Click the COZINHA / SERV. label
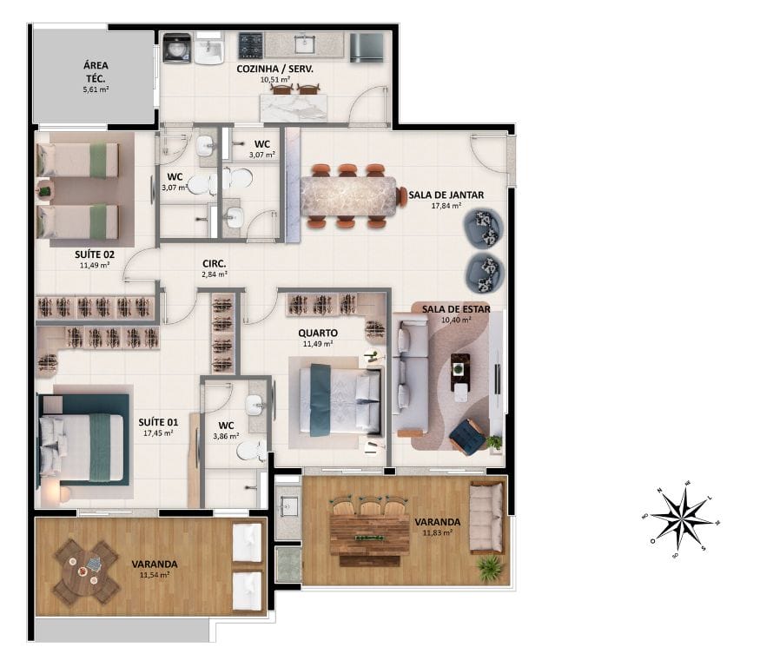point(275,68)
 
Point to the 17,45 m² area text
point(158,433)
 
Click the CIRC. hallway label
point(215,263)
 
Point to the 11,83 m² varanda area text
point(438,533)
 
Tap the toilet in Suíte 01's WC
point(251,449)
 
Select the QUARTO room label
point(318,333)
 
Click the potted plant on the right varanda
point(491,568)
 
